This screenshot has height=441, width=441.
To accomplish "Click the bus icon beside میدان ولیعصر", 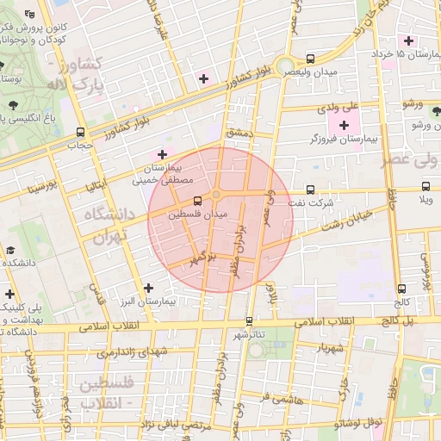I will (310, 59).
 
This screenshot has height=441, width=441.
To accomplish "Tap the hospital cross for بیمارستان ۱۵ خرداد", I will (408, 40).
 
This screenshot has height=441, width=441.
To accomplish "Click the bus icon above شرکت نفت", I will (310, 190).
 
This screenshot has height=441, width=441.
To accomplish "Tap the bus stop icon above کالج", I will (401, 289).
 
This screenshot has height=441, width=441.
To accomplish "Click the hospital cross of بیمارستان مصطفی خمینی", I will (162, 153).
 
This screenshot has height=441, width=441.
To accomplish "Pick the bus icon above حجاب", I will (80, 133).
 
